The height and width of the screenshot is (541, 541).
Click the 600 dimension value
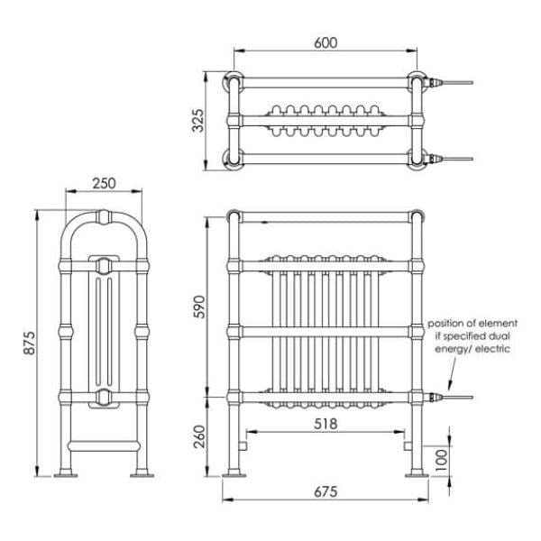point(326,42)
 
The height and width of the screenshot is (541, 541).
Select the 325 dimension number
point(198,121)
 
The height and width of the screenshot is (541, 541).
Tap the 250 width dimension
point(104,183)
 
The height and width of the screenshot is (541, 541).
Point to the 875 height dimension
point(30,343)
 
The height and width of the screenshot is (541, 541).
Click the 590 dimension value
point(200,307)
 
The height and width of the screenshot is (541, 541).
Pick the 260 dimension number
point(200,436)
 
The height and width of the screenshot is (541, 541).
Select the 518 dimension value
point(326,424)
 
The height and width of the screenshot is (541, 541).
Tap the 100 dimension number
point(442,460)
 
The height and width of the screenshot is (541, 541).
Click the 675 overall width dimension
point(326,491)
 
